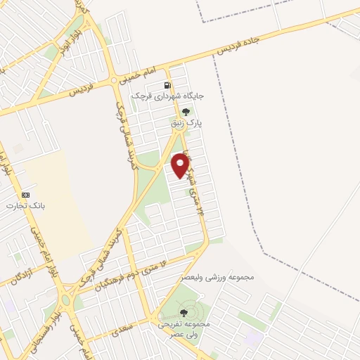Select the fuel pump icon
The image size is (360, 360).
[x=168, y=86]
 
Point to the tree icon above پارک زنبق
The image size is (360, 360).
[x=186, y=112]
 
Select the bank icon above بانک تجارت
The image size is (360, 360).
[x=26, y=195]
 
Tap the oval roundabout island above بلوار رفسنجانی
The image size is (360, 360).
[x=65, y=300]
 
